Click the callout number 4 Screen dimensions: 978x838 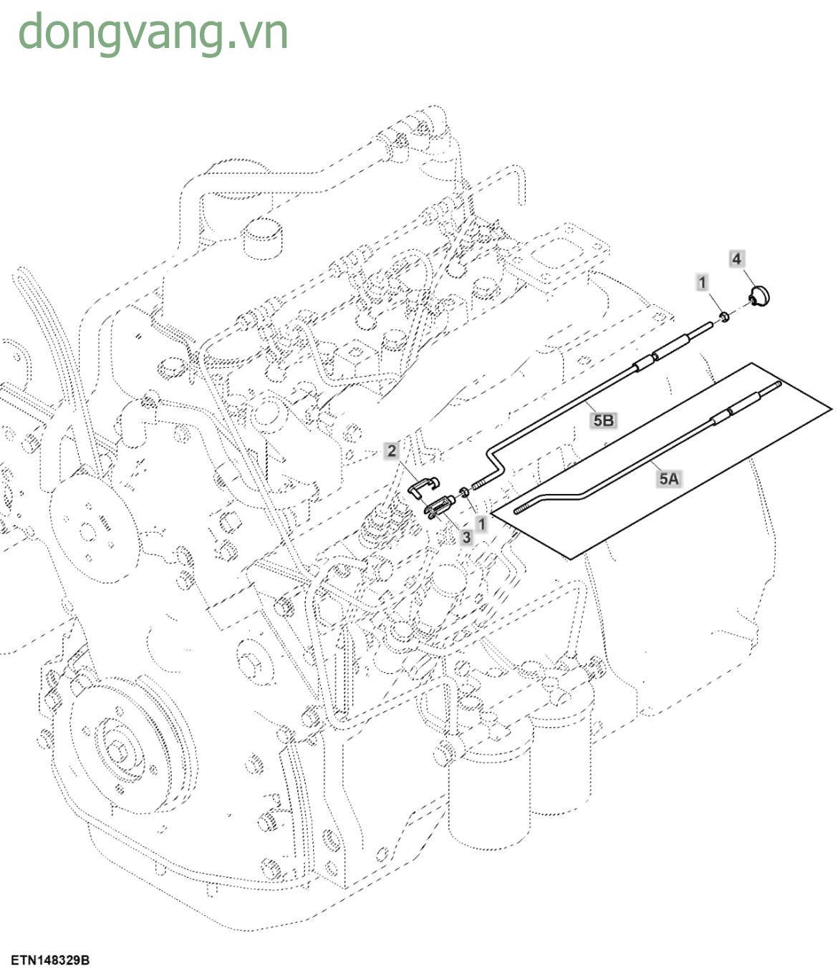pos(737,258)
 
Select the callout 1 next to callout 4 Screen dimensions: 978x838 pos(703,282)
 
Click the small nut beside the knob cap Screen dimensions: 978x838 pos(724,316)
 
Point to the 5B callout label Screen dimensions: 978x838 pos(603,420)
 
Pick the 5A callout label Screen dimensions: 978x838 pos(668,478)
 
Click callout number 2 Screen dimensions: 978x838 pos(392,450)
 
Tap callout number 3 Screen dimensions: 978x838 pos(466,536)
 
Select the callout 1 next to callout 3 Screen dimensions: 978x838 pos(482,523)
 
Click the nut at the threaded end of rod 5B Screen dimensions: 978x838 pos(464,492)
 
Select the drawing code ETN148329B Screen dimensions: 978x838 pos(50,960)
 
